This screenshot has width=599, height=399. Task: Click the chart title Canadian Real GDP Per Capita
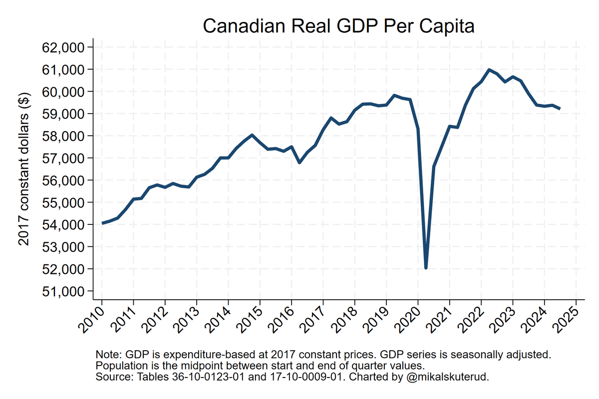pyautogui.click(x=338, y=26)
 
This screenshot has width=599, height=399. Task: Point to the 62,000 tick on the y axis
pyautogui.click(x=63, y=47)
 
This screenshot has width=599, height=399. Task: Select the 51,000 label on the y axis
pyautogui.click(x=63, y=291)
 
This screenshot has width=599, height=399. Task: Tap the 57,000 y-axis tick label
pyautogui.click(x=63, y=158)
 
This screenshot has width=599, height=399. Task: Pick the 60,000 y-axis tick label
pyautogui.click(x=63, y=92)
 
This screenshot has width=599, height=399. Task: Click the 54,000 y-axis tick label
pyautogui.click(x=63, y=225)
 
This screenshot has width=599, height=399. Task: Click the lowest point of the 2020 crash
pyautogui.click(x=426, y=268)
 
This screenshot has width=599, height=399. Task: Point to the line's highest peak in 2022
pyautogui.click(x=489, y=70)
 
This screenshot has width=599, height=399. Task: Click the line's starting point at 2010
pyautogui.click(x=102, y=223)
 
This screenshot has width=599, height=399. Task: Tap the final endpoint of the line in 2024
pyautogui.click(x=560, y=109)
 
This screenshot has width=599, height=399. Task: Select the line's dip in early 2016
pyautogui.click(x=299, y=163)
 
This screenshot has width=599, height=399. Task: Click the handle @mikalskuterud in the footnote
pyautogui.click(x=446, y=377)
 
